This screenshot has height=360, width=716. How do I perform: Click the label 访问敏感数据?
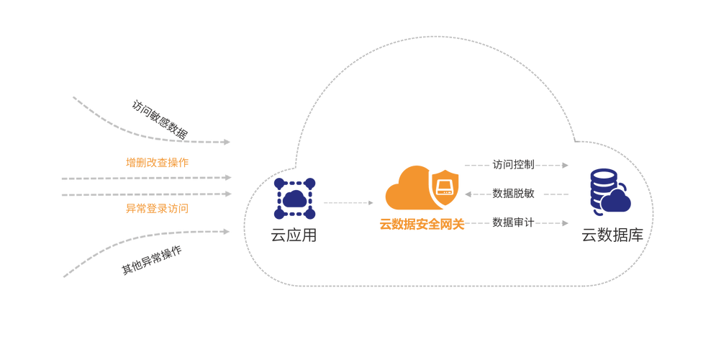[x=159, y=120]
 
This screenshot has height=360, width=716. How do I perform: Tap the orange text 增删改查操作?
[x=157, y=163]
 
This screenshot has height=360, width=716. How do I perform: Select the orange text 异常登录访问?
[x=157, y=209]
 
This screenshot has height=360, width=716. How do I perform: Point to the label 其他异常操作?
[x=152, y=260]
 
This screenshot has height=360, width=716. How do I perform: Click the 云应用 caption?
[x=294, y=235]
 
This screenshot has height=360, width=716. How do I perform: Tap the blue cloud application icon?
[x=294, y=199]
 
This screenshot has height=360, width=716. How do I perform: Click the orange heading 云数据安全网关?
[x=422, y=225]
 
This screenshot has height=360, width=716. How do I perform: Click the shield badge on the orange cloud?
[x=444, y=188]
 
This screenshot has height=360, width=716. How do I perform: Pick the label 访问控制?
[x=513, y=164]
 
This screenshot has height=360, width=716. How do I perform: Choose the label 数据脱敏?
[x=513, y=194]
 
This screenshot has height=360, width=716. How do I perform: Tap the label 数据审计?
[x=513, y=222]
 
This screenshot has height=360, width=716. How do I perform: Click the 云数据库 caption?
[x=612, y=235]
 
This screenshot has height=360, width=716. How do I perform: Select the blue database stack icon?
[x=609, y=192]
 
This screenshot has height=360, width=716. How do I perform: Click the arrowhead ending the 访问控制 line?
[x=566, y=165]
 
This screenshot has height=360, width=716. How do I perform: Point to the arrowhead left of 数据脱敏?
[x=468, y=194]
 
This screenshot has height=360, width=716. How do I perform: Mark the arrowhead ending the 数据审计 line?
[x=566, y=223]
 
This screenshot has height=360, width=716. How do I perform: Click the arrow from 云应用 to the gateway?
[x=348, y=202]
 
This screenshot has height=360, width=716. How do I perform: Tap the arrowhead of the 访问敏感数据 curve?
[x=227, y=142]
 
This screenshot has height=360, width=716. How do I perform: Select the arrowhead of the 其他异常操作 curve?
[x=227, y=232]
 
